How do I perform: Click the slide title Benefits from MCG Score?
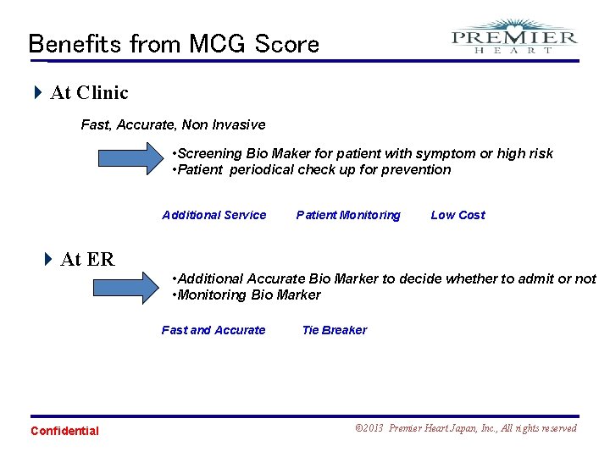click(x=174, y=43)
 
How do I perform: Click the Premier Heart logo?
click(x=514, y=37)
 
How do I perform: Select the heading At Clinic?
click(x=89, y=92)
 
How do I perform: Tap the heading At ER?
click(x=87, y=259)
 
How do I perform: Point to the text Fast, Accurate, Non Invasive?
click(x=173, y=124)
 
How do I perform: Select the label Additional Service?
click(x=213, y=215)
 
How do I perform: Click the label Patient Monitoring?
click(x=348, y=215)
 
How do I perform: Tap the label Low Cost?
click(x=457, y=215)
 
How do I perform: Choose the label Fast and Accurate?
click(x=213, y=330)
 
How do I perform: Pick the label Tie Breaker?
click(x=334, y=330)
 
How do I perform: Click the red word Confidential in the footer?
click(x=64, y=431)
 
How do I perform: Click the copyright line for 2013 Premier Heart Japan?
click(x=465, y=428)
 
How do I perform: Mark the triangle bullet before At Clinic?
click(x=37, y=92)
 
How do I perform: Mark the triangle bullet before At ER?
click(x=48, y=259)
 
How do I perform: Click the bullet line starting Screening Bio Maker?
click(x=362, y=153)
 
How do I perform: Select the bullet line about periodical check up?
click(x=311, y=169)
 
